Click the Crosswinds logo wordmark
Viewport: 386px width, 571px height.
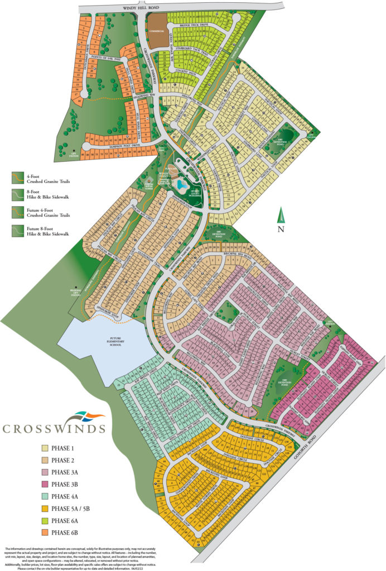click(x=54, y=428)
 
